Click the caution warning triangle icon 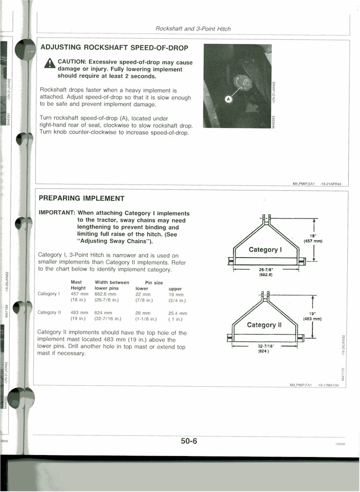click(49, 63)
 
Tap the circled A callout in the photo click(228, 99)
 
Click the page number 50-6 click(189, 441)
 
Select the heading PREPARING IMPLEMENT click(82, 198)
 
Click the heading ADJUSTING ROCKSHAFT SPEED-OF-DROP click(114, 48)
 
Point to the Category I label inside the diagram click(265, 249)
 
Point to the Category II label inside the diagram click(264, 325)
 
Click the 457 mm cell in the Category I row click(79, 294)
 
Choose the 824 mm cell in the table click(103, 313)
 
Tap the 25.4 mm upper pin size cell click(178, 313)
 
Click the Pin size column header click(154, 283)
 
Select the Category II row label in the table click(49, 312)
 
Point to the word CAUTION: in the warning click(72, 62)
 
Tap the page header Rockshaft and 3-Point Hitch click(193, 29)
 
